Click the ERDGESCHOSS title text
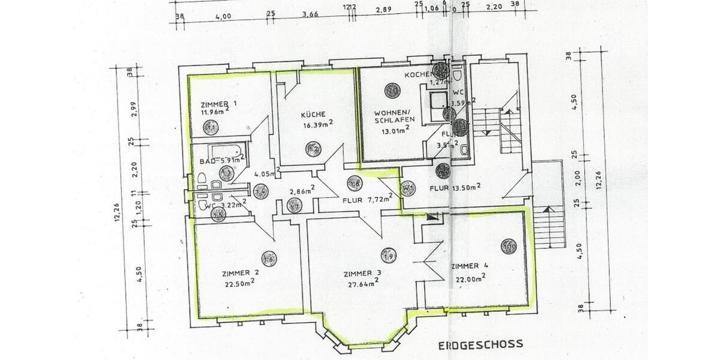pyautogui.click(x=480, y=344)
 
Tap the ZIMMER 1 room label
pyautogui.click(x=218, y=103)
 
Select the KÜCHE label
pyautogui.click(x=313, y=114)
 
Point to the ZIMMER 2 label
pyautogui.click(x=239, y=272)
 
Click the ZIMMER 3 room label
pyautogui.click(x=362, y=274)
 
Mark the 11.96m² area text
pyautogui.click(x=215, y=111)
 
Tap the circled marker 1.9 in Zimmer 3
pyautogui.click(x=388, y=256)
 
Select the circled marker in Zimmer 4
pyautogui.click(x=509, y=246)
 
